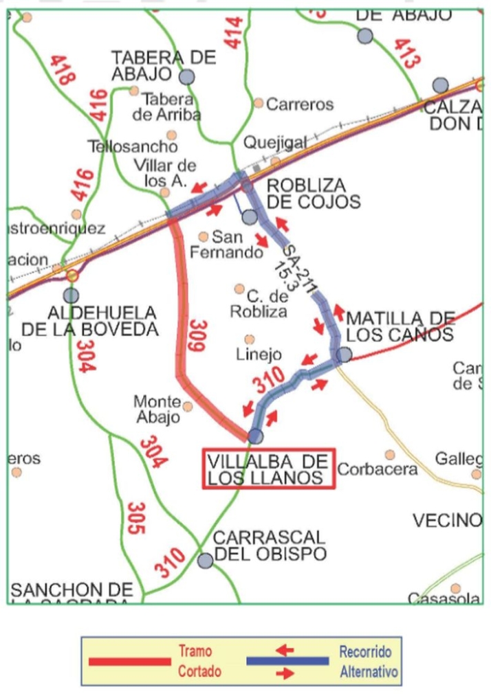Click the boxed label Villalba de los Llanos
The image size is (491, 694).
tap(268, 469)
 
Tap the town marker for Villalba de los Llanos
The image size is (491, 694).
tap(256, 436)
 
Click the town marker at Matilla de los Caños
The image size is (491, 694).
tap(344, 354)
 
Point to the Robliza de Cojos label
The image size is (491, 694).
tap(313, 193)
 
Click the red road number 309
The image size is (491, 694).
tap(197, 336)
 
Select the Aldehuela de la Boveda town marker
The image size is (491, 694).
tap(71, 295)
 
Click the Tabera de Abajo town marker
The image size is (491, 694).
tap(186, 76)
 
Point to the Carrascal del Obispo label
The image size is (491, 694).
tap(270, 545)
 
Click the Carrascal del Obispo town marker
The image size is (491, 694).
tap(205, 560)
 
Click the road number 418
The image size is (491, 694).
tap(63, 69)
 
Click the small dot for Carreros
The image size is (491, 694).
tap(259, 103)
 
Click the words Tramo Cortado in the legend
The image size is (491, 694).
tap(200, 661)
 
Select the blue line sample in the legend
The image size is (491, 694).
tap(287, 661)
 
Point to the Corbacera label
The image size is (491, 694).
tap(377, 470)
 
